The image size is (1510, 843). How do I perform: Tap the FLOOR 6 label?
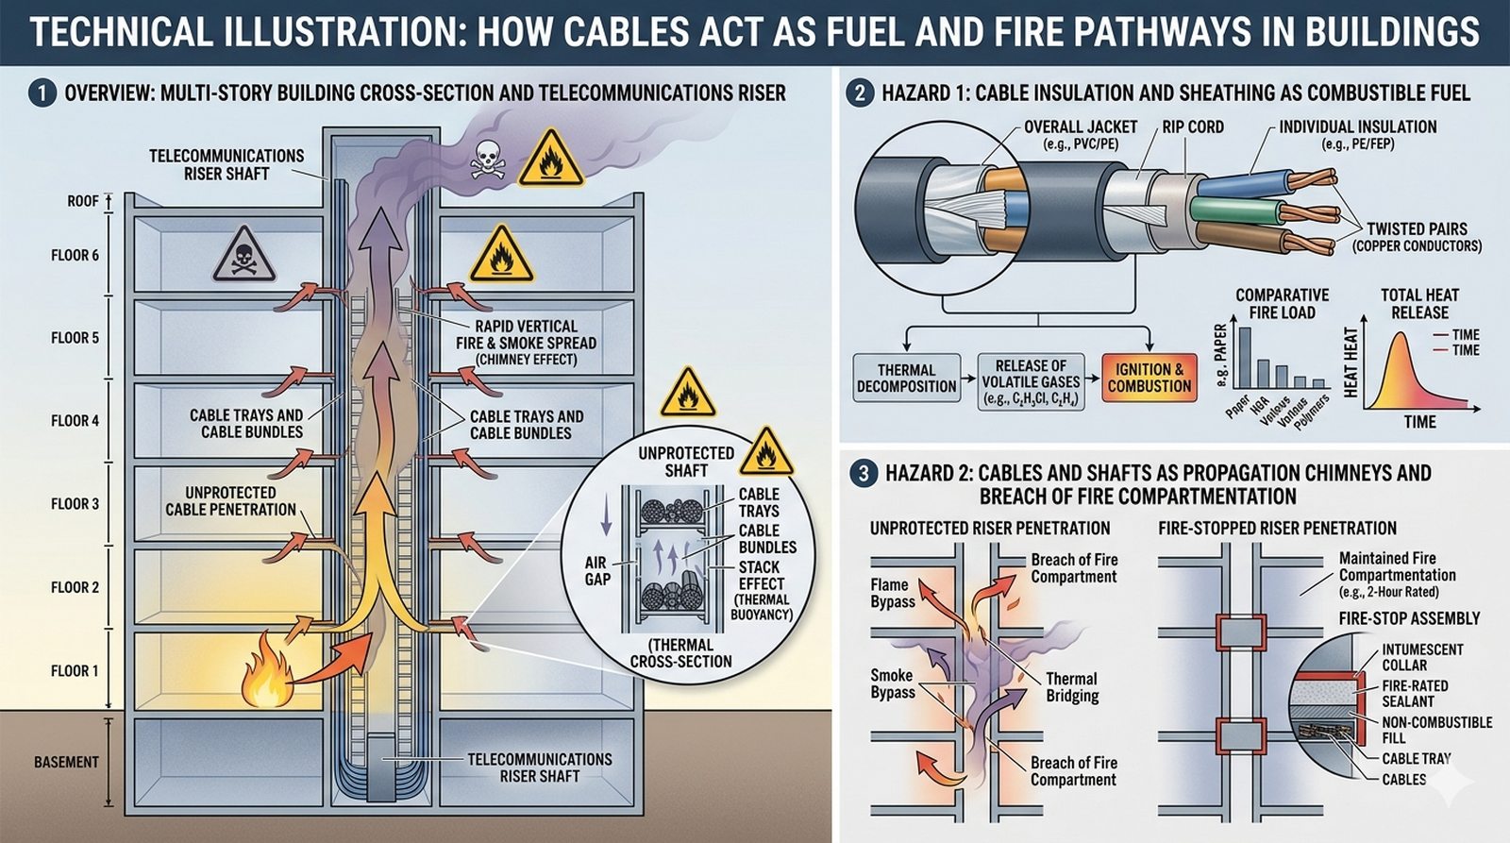(75, 255)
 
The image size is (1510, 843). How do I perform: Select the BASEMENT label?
(66, 762)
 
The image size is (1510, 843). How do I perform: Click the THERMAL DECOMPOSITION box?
(906, 379)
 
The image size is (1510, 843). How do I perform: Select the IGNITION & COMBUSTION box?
(1149, 379)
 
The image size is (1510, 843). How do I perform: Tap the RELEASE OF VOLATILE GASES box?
(1031, 381)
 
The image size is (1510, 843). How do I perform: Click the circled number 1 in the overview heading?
(42, 93)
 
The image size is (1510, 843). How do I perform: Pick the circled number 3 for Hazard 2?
(863, 474)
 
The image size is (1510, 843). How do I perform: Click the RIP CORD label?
(1192, 126)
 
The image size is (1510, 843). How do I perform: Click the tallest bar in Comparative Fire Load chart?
(1245, 357)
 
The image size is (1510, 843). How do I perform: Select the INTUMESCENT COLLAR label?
(1422, 657)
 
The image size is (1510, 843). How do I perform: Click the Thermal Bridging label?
(1071, 686)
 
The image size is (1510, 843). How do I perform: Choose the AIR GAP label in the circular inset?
(596, 570)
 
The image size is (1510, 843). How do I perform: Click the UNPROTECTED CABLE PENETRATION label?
(230, 501)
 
